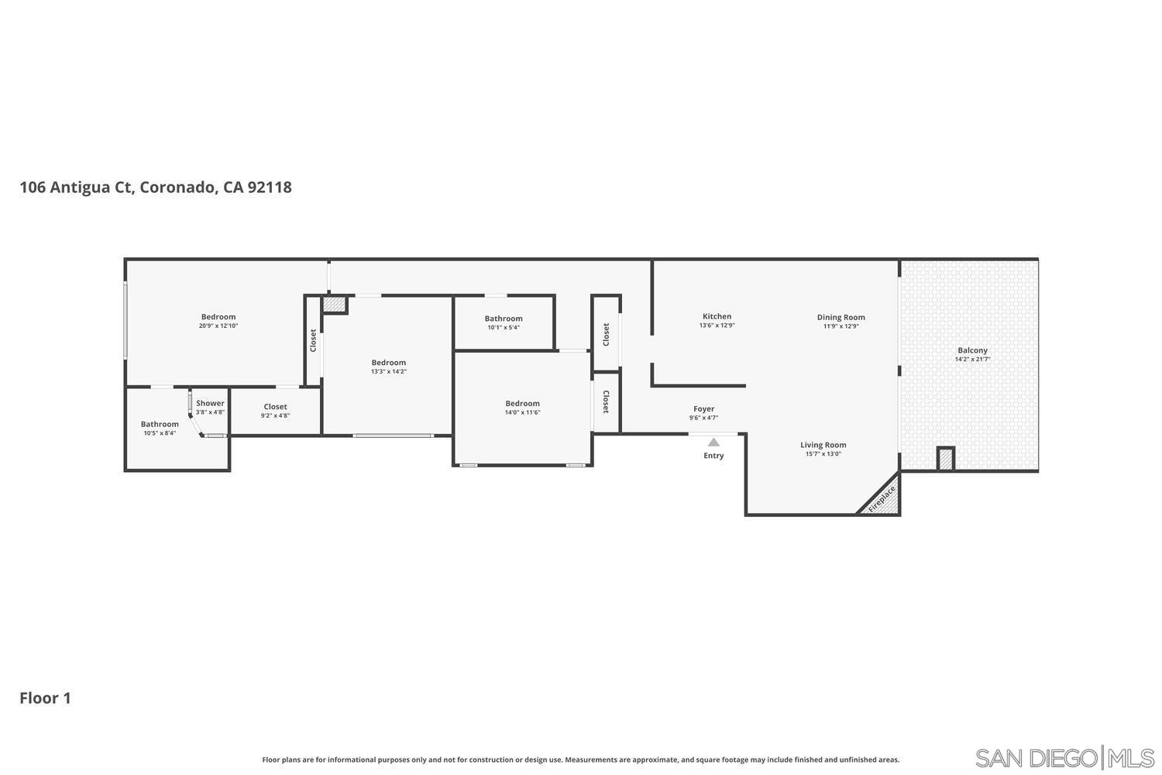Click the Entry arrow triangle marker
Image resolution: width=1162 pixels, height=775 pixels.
(713, 442)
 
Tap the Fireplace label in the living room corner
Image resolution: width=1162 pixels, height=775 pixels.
(882, 499)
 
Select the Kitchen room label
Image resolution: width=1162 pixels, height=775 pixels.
(717, 316)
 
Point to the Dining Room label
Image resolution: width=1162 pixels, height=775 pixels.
(841, 317)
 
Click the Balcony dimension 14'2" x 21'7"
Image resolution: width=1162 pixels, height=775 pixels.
(972, 360)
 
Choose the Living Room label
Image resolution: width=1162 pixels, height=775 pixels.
(823, 445)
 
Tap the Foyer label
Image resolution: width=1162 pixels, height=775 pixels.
(703, 408)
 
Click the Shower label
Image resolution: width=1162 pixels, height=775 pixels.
(210, 403)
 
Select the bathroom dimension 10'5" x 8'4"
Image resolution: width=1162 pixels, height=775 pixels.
(160, 433)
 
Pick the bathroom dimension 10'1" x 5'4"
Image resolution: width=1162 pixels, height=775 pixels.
(504, 328)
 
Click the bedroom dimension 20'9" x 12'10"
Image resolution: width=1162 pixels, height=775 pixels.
(218, 326)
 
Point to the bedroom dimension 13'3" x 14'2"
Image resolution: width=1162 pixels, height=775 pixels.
(388, 372)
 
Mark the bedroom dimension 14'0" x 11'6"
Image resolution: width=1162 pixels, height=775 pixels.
(522, 412)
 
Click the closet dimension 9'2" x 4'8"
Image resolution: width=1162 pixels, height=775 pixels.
(275, 416)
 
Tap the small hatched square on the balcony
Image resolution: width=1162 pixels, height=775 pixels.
(945, 459)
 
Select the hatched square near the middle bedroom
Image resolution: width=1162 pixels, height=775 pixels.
(334, 305)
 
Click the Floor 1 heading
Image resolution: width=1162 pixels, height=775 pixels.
(45, 698)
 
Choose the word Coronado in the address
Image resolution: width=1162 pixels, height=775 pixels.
(177, 188)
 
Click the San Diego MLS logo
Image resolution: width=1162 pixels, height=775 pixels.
(1064, 757)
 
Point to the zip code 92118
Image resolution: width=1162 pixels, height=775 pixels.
(270, 188)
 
